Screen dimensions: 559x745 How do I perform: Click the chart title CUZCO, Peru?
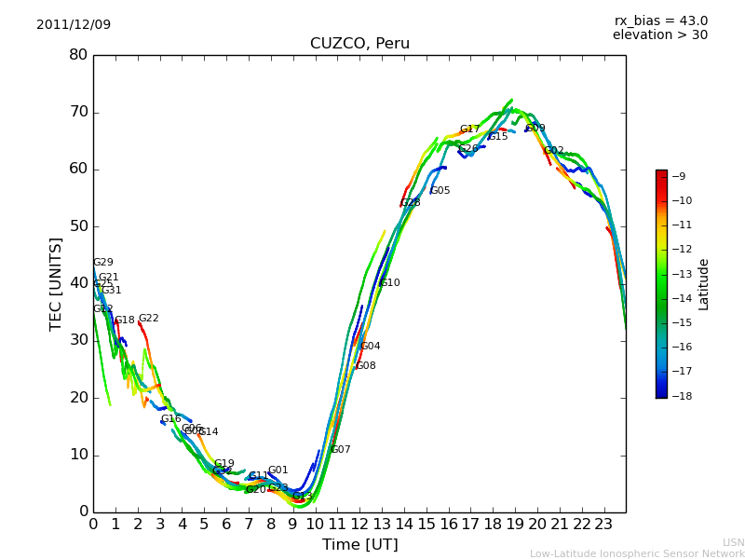pos(359,44)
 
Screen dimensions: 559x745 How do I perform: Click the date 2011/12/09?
pos(74,25)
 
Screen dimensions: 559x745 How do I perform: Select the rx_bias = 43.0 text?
pos(660,21)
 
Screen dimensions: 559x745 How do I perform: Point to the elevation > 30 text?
pos(659,35)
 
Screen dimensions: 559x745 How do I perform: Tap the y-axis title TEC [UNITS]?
pos(56,283)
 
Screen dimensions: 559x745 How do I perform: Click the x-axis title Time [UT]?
pos(359,545)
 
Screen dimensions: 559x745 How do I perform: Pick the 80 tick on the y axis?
pos(77,55)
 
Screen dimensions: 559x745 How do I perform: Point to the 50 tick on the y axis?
pos(77,226)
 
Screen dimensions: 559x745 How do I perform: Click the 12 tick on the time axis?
pos(359,524)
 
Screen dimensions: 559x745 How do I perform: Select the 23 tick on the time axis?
pos(603,524)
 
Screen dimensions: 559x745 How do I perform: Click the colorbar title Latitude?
pos(704,284)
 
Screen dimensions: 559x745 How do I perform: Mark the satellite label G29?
pos(102,263)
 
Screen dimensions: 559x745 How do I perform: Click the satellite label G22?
pos(148,319)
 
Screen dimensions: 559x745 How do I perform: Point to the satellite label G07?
pos(340,450)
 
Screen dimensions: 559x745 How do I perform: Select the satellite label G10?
pos(389,283)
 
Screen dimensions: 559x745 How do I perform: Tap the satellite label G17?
pos(469,130)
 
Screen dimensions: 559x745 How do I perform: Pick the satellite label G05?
pos(440,191)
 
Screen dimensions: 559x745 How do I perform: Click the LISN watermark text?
pos(733,542)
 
